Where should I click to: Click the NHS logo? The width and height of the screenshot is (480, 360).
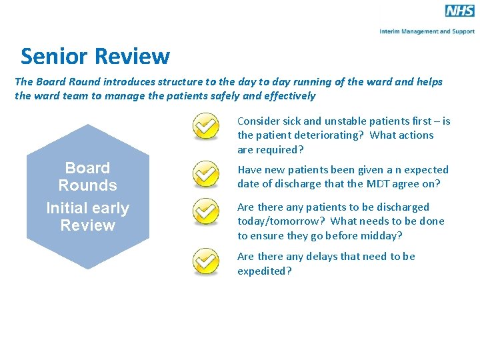[x=459, y=11]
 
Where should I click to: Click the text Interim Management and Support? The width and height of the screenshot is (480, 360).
[x=427, y=31]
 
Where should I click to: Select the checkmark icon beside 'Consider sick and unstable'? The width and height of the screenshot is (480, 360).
[x=206, y=127]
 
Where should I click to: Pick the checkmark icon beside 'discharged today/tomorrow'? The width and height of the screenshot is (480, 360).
[x=206, y=213]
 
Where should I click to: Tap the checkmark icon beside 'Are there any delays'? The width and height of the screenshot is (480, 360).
[x=206, y=261]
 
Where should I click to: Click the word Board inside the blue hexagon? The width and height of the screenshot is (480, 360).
[x=87, y=168]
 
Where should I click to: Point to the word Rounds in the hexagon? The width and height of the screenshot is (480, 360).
[x=87, y=185]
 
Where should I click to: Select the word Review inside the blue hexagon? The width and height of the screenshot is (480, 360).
[x=87, y=225]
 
